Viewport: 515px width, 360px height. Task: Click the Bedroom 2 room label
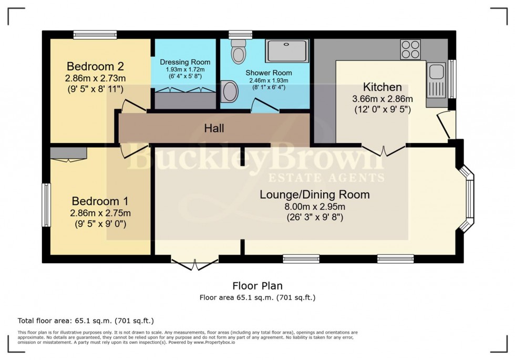(95, 67)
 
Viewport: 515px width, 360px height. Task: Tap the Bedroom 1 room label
(100, 201)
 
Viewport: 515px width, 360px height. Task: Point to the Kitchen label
(382, 87)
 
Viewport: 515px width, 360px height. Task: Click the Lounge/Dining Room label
(315, 194)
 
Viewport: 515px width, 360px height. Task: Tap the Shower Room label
(269, 73)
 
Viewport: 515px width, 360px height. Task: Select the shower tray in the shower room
(287, 50)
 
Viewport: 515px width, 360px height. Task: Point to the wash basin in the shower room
(230, 91)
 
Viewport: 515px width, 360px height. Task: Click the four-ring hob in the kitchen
(410, 49)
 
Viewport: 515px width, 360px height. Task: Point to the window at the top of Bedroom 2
(95, 35)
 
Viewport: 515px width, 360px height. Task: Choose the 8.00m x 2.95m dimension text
(315, 207)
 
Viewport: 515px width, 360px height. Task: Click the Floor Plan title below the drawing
(257, 286)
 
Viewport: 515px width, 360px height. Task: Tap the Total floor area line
(86, 321)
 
